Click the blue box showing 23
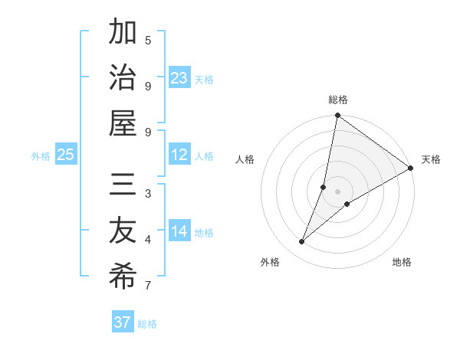[179, 78]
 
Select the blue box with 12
[179, 155]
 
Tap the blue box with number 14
[179, 232]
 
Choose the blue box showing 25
[66, 155]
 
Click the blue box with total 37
[123, 322]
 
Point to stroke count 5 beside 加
[148, 41]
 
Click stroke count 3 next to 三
[148, 195]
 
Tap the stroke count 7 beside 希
[148, 286]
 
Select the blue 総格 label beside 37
[147, 324]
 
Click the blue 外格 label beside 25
[41, 156]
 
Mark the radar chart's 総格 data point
[337, 116]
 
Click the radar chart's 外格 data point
[302, 242]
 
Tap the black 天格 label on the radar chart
[431, 160]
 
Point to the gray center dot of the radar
[337, 180]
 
